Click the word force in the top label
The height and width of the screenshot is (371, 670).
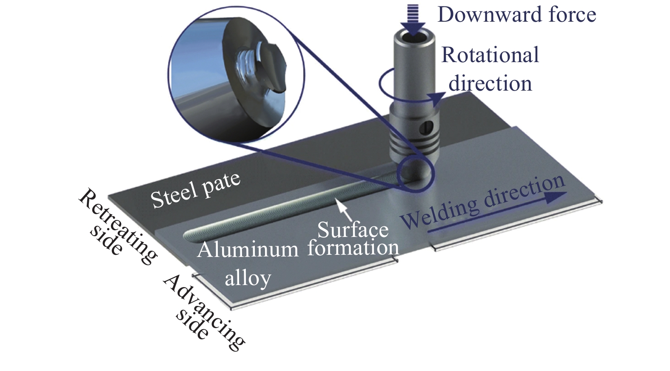coord(572,15)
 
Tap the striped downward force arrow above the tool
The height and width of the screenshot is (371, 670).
coord(413,19)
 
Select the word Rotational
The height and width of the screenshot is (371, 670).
coord(490,56)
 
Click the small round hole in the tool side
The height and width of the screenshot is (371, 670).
coord(429,126)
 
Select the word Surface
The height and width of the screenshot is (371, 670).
coord(353,230)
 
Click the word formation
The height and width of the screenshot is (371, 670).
coord(353,248)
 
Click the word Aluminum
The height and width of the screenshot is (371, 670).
coord(248,250)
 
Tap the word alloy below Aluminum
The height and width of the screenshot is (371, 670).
coord(248,278)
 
